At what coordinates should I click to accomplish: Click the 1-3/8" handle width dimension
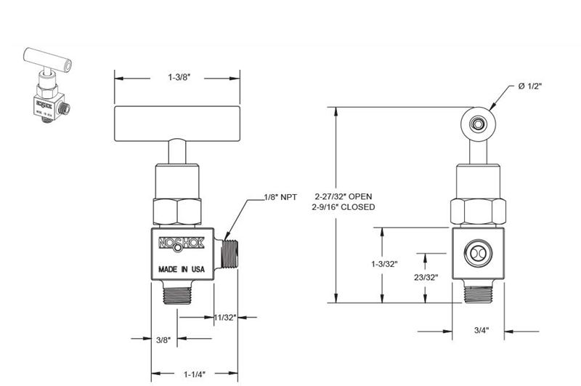click(179, 77)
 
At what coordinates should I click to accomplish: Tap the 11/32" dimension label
click(226, 316)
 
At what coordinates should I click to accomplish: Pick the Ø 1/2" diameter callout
click(532, 87)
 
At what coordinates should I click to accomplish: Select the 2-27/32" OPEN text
click(345, 196)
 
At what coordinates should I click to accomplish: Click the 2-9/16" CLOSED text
click(345, 207)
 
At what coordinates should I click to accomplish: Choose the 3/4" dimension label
click(480, 330)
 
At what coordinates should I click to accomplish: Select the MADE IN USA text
click(182, 269)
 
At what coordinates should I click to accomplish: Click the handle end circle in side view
click(478, 125)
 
